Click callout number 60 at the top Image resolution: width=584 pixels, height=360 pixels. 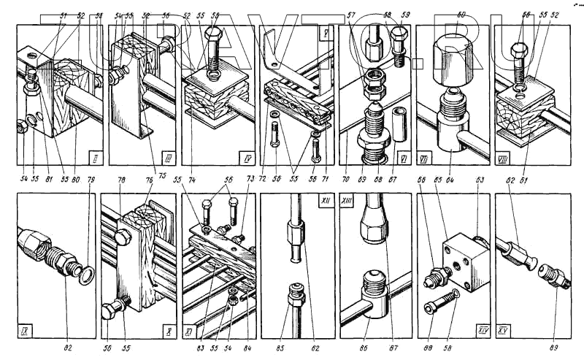coord(461,13)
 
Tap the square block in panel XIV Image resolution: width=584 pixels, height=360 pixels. coord(467,258)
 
